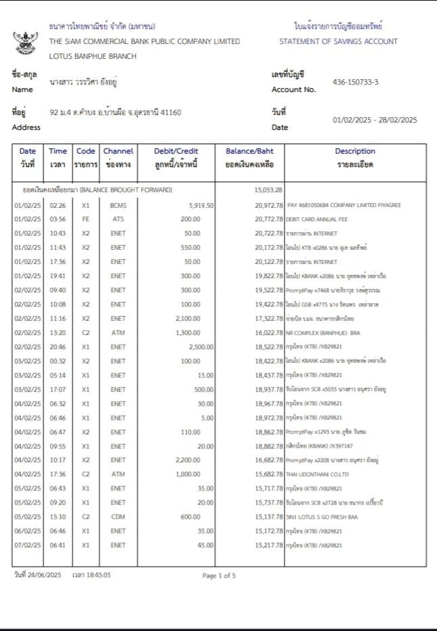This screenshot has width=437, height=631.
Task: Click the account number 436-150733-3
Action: (x=355, y=82)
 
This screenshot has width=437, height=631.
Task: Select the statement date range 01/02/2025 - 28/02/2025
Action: (x=375, y=120)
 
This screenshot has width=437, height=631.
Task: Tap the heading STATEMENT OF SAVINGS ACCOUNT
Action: (x=338, y=41)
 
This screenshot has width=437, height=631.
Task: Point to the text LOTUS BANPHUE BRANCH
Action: (x=93, y=56)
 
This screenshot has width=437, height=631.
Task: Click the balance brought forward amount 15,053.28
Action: (x=268, y=190)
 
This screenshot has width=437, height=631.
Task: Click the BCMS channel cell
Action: (x=118, y=205)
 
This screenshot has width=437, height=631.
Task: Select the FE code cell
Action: (x=85, y=219)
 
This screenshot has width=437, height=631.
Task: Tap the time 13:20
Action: (x=58, y=332)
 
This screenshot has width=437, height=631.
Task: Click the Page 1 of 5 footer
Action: (x=219, y=575)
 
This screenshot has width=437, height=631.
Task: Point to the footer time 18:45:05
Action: (x=97, y=575)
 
